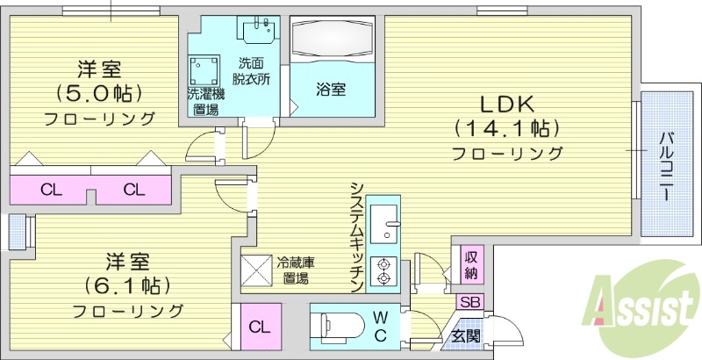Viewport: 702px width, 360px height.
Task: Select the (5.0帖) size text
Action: click(98, 92)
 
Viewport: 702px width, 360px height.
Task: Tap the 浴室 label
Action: click(331, 89)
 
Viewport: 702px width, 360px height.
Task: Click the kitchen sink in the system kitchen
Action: click(384, 224)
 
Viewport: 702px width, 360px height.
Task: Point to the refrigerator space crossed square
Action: click(259, 269)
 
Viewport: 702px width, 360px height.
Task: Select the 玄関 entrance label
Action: click(465, 335)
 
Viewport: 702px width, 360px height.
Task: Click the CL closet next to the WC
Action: click(258, 328)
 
